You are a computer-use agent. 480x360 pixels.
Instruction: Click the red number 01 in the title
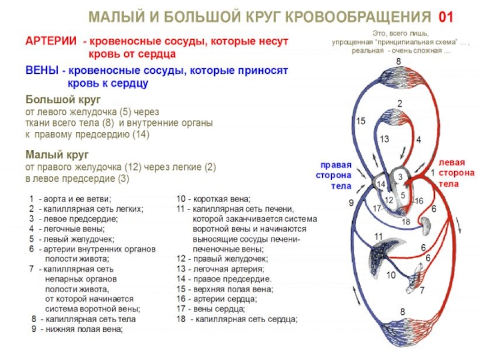(445, 16)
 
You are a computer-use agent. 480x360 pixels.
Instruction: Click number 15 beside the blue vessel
(360, 121)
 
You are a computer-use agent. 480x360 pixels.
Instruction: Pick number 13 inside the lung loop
(384, 139)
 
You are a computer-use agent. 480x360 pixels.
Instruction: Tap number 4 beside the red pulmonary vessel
(418, 140)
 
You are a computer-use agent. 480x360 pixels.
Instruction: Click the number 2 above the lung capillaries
(400, 104)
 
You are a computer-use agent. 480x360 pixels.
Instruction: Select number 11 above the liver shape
(379, 237)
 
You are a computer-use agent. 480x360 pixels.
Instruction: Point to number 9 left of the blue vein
(351, 203)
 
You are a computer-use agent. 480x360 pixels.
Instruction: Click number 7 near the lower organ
(422, 290)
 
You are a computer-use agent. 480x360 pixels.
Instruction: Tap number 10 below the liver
(391, 275)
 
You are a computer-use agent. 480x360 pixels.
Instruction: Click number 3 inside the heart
(398, 177)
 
